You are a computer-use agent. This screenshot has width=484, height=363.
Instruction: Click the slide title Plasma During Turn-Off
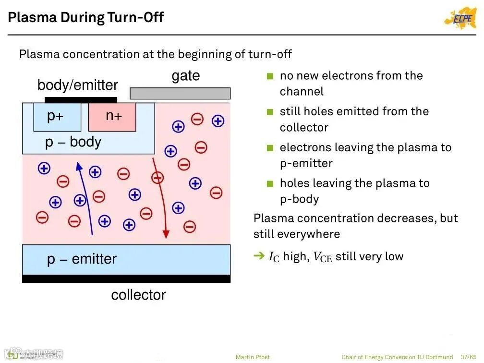[x=86, y=18]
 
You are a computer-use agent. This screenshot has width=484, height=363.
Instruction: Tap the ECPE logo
[x=460, y=18]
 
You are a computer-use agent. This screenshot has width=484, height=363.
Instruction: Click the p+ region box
[x=57, y=117]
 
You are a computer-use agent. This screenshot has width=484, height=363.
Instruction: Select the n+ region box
[x=113, y=117]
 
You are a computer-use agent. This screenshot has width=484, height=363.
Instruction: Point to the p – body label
[x=73, y=142]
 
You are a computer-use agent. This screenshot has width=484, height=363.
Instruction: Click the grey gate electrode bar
[x=180, y=93]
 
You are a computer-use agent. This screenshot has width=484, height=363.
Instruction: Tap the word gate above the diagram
[x=185, y=76]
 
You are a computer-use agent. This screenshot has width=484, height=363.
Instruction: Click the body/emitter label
[x=77, y=85]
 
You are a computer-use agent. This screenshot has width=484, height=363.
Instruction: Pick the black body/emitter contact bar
[x=81, y=100]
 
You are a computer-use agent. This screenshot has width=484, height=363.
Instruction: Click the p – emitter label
[x=82, y=259]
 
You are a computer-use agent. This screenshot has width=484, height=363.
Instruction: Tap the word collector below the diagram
[x=138, y=295]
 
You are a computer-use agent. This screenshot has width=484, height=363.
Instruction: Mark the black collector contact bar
[x=126, y=278]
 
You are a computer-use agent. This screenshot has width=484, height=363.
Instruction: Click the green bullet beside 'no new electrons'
[x=270, y=76]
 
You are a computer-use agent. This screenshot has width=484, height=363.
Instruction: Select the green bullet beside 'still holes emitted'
[x=270, y=112]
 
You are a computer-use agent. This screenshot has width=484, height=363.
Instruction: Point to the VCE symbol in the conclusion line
[x=322, y=257]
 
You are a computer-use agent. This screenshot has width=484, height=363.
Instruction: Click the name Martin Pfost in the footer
[x=253, y=357]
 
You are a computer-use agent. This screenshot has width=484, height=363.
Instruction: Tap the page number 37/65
[x=469, y=357]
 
